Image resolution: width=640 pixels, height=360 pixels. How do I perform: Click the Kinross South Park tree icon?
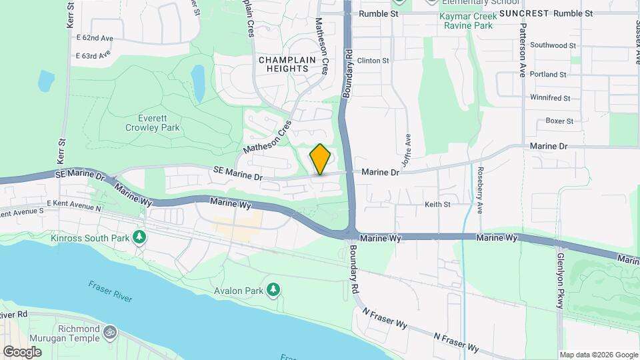(139, 237)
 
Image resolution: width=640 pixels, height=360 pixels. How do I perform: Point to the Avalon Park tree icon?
(273, 289)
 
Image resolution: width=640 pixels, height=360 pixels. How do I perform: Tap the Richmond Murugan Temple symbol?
(111, 331)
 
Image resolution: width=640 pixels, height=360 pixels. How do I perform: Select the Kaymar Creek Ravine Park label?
(475, 21)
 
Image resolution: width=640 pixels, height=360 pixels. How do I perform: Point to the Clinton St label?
(373, 61)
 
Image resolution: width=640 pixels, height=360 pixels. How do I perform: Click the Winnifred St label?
(550, 98)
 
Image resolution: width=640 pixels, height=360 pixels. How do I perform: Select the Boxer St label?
(559, 121)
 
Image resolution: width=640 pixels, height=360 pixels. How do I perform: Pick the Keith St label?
(438, 205)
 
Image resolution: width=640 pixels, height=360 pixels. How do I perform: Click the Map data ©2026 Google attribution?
(598, 355)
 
